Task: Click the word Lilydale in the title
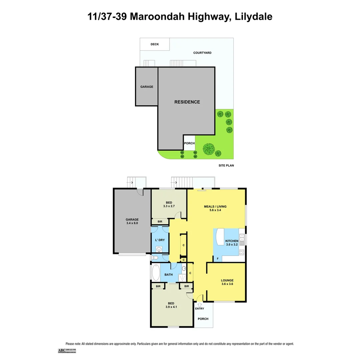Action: tap(253, 16)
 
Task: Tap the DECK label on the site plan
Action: tap(155, 44)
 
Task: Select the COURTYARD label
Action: tap(202, 53)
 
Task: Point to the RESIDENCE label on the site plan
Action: tap(187, 102)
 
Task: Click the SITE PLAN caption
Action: tap(226, 165)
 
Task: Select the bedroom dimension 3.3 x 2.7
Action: tap(169, 206)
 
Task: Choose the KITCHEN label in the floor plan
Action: tap(232, 241)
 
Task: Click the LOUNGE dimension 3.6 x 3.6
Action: tap(227, 284)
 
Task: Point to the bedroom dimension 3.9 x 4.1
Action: tap(171, 307)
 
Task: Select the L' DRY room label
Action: tap(160, 240)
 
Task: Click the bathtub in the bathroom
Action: tap(155, 273)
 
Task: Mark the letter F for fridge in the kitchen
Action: tap(218, 258)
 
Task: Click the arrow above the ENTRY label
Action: tap(200, 304)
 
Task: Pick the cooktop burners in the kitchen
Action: tap(242, 252)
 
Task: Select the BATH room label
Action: tap(169, 275)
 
